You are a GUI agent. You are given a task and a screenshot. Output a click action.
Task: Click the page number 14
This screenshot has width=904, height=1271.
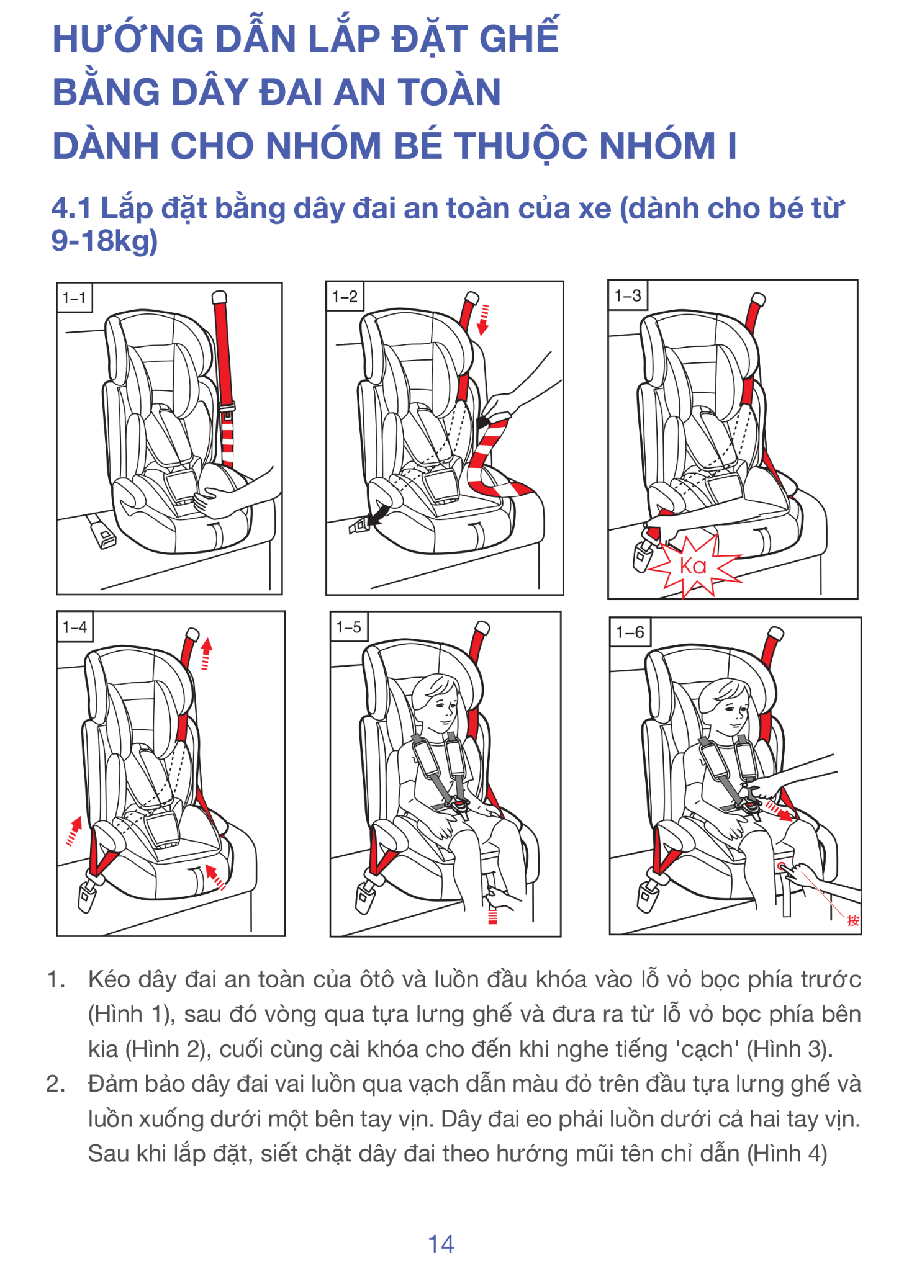click(441, 1244)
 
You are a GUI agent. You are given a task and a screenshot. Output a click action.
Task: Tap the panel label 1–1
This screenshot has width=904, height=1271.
click(74, 298)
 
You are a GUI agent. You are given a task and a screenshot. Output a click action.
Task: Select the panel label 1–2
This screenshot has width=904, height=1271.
click(345, 296)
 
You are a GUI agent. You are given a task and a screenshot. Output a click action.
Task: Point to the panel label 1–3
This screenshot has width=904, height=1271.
click(627, 295)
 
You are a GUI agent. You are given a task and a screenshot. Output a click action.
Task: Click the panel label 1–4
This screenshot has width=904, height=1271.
click(75, 627)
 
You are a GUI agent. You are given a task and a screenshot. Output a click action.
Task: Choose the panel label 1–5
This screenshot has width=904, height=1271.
click(348, 627)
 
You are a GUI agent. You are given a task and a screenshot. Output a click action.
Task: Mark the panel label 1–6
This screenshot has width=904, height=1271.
click(630, 632)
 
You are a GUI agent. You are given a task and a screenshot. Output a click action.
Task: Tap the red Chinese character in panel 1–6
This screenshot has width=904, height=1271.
click(853, 920)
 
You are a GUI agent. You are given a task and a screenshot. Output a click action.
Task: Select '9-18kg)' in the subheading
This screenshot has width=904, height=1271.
click(104, 241)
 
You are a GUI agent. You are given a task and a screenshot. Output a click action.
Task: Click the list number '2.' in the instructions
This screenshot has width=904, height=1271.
click(56, 1084)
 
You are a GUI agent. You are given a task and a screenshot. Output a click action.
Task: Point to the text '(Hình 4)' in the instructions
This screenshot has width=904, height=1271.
click(787, 1154)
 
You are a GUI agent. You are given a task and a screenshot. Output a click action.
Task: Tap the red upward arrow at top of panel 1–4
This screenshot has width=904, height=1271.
click(206, 654)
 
